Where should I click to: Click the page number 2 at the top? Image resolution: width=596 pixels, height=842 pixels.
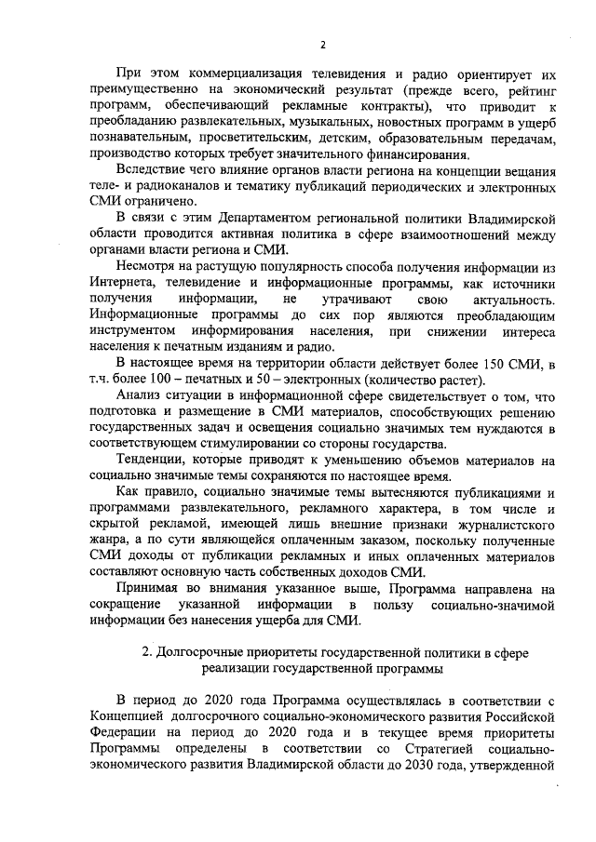click(x=322, y=44)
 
